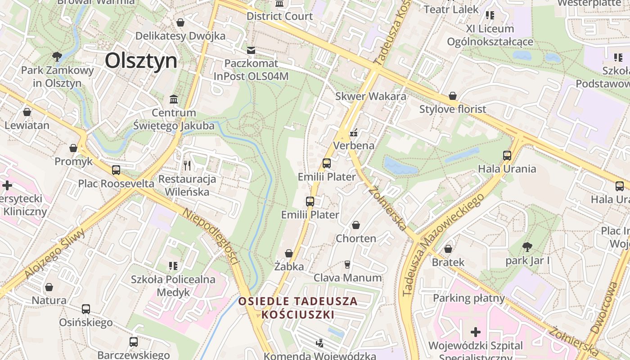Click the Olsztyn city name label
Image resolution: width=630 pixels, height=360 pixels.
pos(141,61)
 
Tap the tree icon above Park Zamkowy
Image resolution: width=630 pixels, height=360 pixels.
pos(57,57)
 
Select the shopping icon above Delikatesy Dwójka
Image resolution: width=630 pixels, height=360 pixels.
pos(180,22)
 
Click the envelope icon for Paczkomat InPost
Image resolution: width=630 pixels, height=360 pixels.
pos(251,50)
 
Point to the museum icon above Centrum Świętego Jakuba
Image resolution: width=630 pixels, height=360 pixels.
pos(174,99)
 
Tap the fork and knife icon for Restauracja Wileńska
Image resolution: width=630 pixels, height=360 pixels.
pos(187,166)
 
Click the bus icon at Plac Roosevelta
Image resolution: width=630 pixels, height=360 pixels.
pos(116,170)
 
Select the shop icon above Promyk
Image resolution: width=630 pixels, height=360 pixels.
pos(73,148)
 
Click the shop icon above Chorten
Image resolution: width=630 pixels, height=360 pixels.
pos(356,225)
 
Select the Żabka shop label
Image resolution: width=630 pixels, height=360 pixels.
pos(289,266)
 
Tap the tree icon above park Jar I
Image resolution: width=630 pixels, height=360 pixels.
pos(527,247)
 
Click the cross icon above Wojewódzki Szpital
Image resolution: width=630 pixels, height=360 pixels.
pos(475,333)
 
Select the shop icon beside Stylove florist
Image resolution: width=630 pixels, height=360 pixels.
pos(453,96)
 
